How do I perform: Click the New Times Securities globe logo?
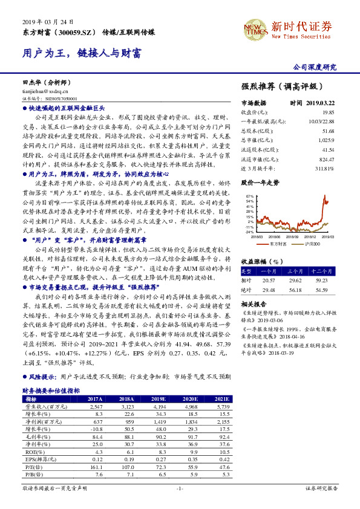tap(255, 27)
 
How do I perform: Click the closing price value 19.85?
tap(328, 112)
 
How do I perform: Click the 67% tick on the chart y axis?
tap(249, 197)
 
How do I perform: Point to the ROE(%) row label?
tap(30, 451)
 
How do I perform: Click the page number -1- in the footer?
tap(180, 488)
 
